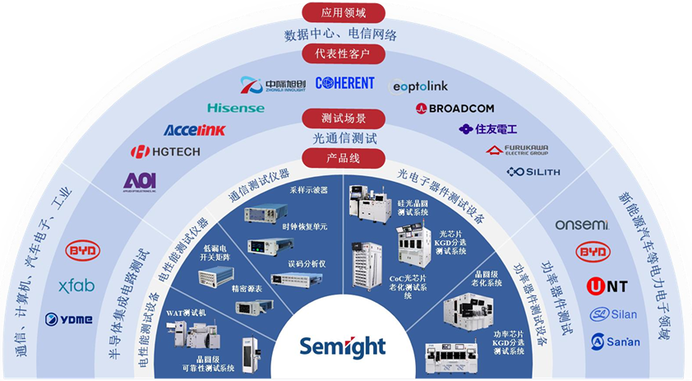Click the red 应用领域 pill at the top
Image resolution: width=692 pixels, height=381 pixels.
click(344, 13)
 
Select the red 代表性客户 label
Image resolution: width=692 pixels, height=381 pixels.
click(344, 54)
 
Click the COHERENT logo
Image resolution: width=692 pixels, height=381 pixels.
click(344, 83)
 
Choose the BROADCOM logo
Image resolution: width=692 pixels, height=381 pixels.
click(454, 108)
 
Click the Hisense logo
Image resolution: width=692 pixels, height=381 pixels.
click(236, 108)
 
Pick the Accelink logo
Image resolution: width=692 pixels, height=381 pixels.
click(194, 130)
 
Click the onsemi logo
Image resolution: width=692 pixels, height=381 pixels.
click(581, 225)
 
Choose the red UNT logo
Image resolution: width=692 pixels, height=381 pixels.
click(607, 286)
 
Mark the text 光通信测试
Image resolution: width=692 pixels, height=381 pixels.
click(344, 138)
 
